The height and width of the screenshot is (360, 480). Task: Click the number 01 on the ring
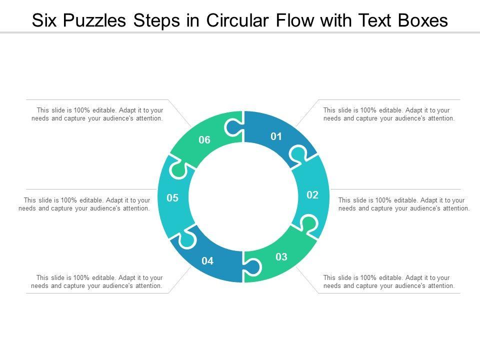tap(276, 136)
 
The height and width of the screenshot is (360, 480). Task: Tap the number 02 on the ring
tap(312, 195)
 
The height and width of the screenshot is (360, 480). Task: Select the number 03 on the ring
tap(281, 257)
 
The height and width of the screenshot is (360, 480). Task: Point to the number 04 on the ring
tap(207, 260)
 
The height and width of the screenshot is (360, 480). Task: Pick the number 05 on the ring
tap(172, 198)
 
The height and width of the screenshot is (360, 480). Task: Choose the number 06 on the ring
tap(204, 140)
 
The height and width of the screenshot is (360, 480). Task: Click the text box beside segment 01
tap(388, 114)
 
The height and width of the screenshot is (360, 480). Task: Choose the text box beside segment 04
tap(97, 282)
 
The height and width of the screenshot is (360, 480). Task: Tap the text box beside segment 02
tap(403, 204)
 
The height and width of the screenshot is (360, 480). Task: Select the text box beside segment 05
tap(84, 204)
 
